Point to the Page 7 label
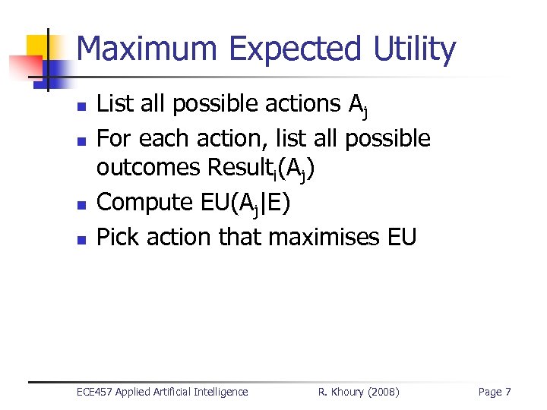494,392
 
